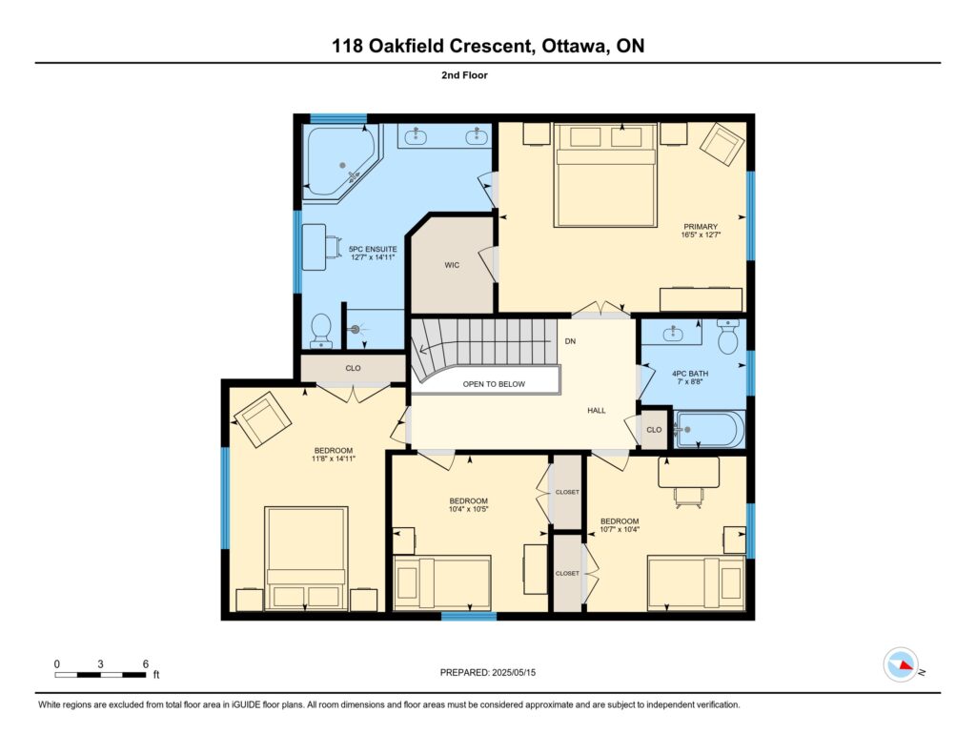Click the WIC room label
point(452,265)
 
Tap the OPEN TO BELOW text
point(494,384)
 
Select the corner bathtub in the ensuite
point(340,163)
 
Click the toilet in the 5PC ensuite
point(321,331)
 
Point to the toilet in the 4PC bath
point(727,336)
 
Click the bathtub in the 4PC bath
point(710,429)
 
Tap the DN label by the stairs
point(570,341)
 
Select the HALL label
point(597,410)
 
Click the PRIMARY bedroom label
point(701,227)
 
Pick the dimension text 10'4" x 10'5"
point(469,509)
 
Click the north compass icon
point(901,664)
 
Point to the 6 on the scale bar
point(146,663)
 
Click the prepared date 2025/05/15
point(514,672)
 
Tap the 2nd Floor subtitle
point(464,75)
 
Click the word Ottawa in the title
point(575,46)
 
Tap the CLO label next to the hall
point(654,430)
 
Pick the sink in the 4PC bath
point(672,333)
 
